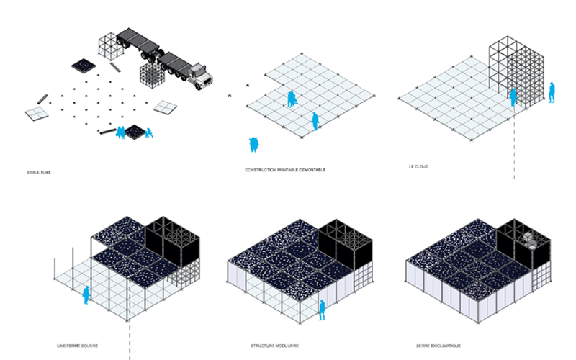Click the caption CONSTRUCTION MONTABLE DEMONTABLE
(285, 170)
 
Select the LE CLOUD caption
(418, 167)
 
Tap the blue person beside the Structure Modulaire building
(322, 310)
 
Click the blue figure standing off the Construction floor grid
(253, 145)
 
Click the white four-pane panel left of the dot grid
(37, 113)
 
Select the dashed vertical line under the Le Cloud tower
(515, 148)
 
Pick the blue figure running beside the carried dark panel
(148, 132)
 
